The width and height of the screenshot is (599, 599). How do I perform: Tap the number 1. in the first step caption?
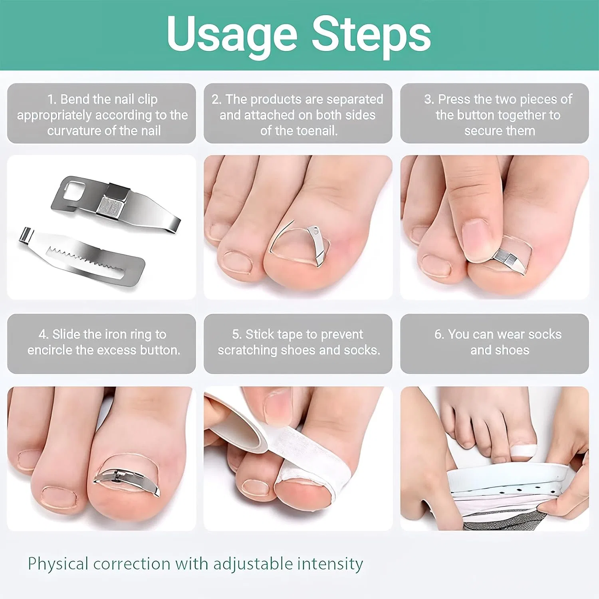pos(52,99)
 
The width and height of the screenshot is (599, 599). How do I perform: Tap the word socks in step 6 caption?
pos(545,334)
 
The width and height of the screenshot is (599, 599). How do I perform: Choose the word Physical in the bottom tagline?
pos(58,564)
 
